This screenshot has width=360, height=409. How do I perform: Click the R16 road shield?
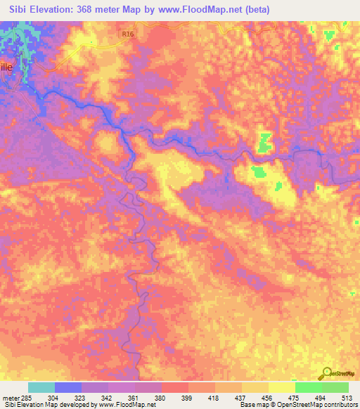[126, 32]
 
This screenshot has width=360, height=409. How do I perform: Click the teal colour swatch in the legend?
[41, 387]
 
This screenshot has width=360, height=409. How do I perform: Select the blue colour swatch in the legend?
[67, 387]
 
